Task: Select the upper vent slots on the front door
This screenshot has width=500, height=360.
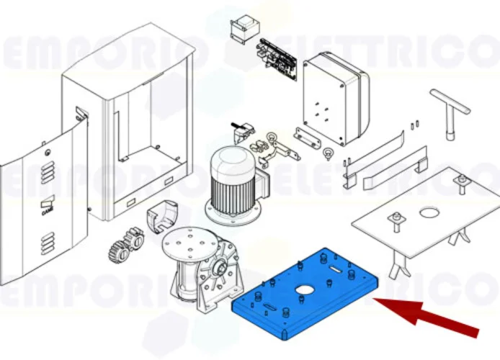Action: click(x=47, y=173)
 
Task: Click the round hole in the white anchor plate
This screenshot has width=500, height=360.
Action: click(x=429, y=212)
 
